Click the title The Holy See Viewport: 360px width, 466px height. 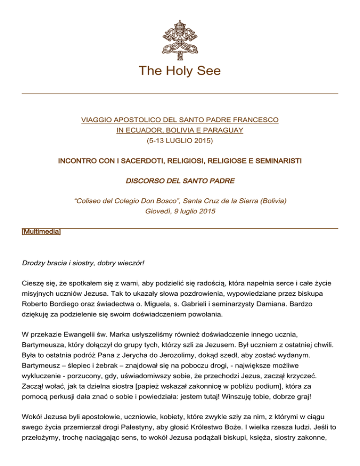[x=180, y=72]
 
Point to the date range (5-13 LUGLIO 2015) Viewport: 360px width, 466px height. [x=180, y=139]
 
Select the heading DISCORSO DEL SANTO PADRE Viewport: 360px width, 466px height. [x=180, y=181]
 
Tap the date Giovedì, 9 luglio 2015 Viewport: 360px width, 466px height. [x=180, y=211]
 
